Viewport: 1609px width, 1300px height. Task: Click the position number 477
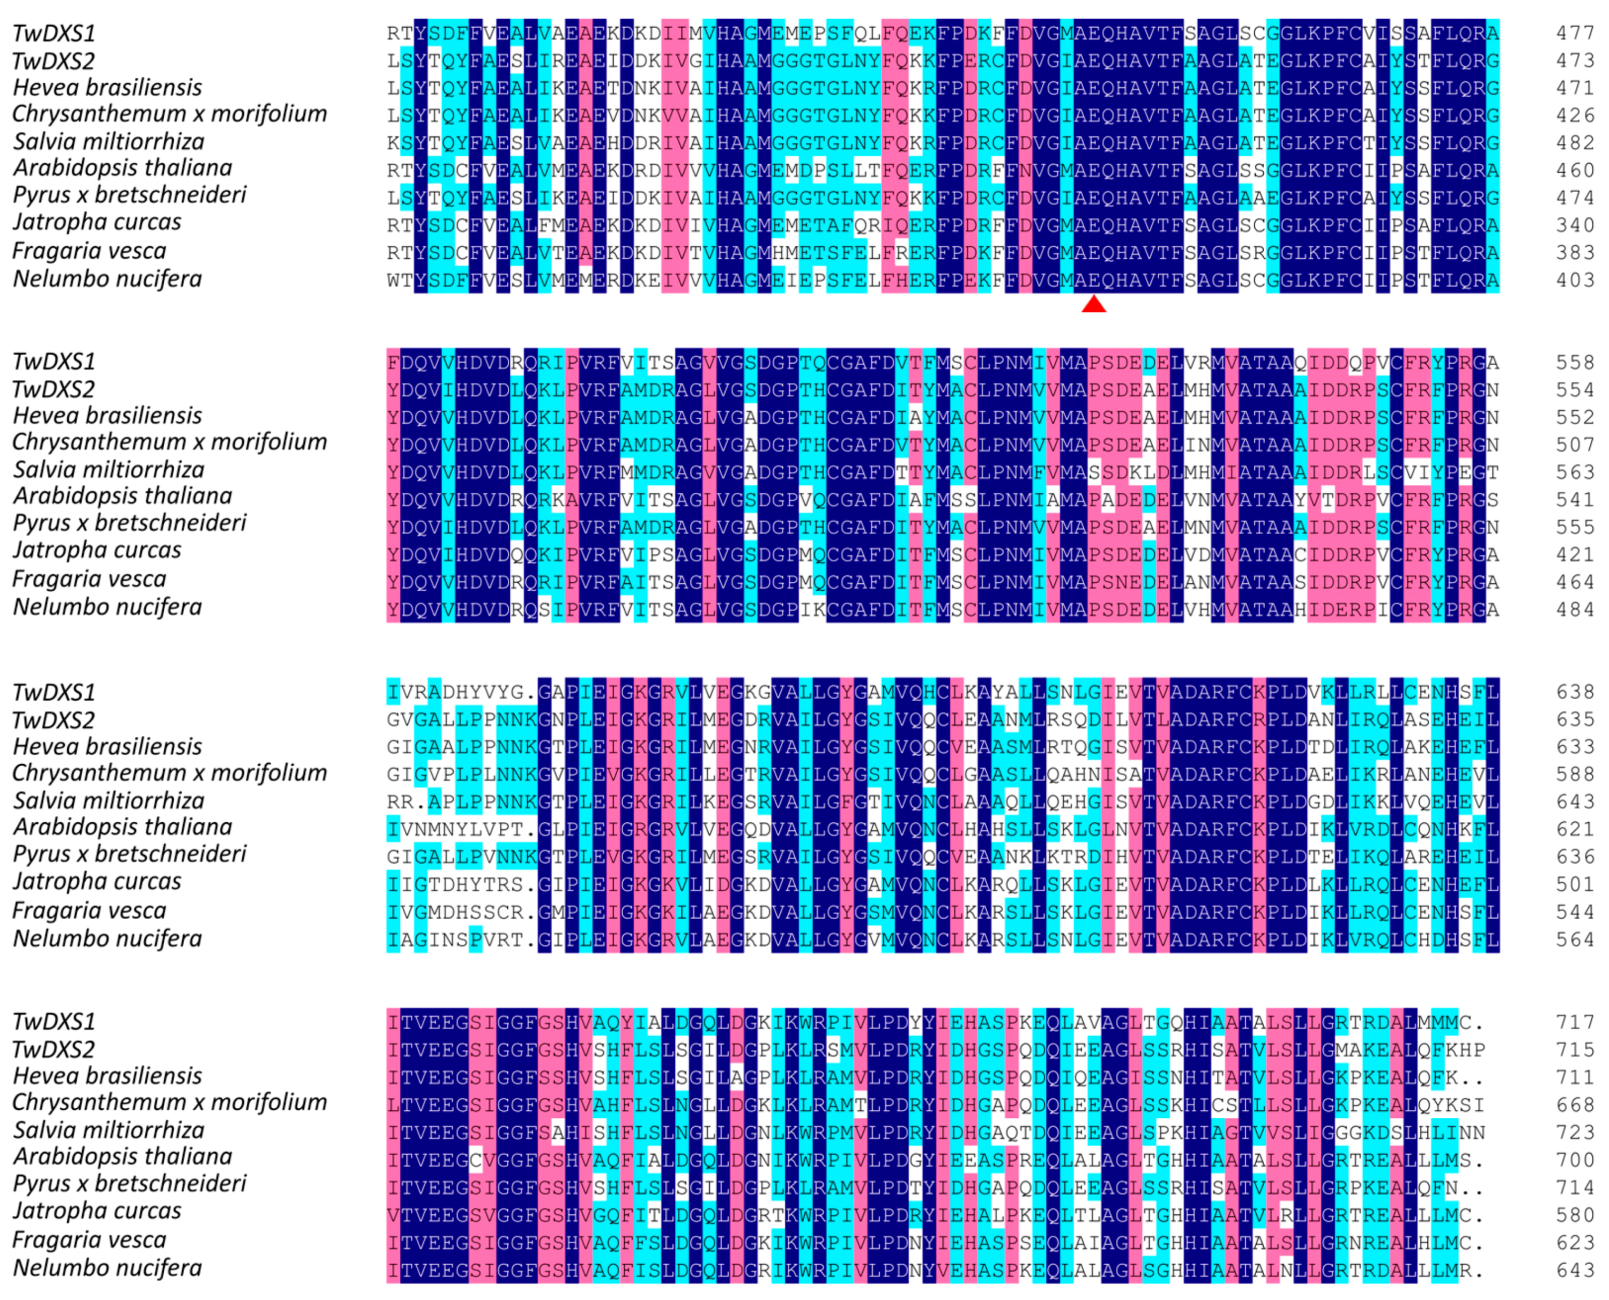point(1575,33)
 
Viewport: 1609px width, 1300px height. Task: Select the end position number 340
point(1575,224)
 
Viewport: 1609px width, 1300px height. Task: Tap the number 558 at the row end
point(1575,362)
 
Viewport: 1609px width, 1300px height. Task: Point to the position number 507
point(1575,445)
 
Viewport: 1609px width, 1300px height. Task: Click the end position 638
point(1575,692)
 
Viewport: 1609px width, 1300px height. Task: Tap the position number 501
point(1575,884)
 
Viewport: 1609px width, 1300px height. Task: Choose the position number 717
point(1575,1022)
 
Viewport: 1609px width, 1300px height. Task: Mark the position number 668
point(1575,1105)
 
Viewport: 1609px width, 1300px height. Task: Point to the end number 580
point(1575,1215)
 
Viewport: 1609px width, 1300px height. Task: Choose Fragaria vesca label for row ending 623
point(90,1241)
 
